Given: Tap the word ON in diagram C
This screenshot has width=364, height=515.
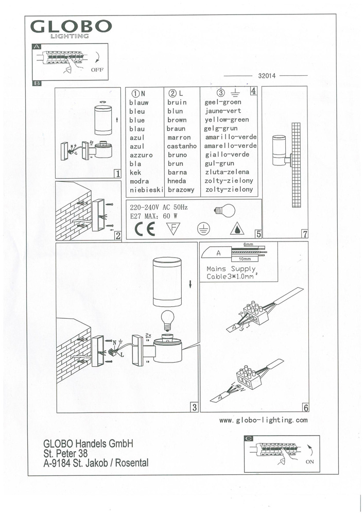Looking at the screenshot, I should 309,462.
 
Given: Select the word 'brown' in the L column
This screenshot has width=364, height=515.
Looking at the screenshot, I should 177,120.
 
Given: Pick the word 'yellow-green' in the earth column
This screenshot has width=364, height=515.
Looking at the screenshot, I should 227,120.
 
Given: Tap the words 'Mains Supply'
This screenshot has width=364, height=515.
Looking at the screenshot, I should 231,269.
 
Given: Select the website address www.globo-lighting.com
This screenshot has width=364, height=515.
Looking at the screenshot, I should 264,420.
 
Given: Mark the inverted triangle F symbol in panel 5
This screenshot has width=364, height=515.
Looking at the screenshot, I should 175,228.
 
